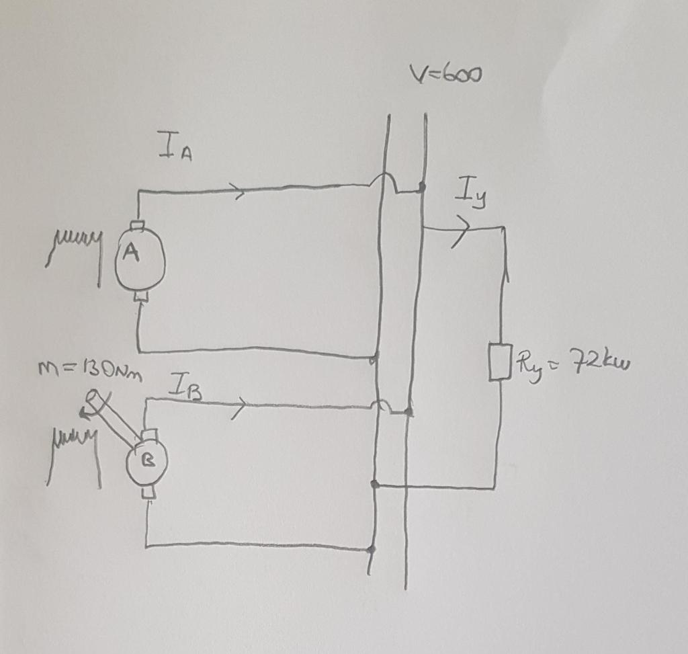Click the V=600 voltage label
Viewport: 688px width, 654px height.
tap(444, 73)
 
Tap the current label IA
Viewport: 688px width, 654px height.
tap(175, 147)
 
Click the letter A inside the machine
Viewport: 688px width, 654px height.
tap(132, 253)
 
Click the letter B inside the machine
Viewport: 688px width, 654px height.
tap(148, 462)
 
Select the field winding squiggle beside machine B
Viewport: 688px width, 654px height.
tap(74, 446)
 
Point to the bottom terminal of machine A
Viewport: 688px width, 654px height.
tap(140, 296)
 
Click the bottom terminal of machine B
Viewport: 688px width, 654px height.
tap(148, 493)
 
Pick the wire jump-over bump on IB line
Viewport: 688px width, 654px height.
tap(381, 405)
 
